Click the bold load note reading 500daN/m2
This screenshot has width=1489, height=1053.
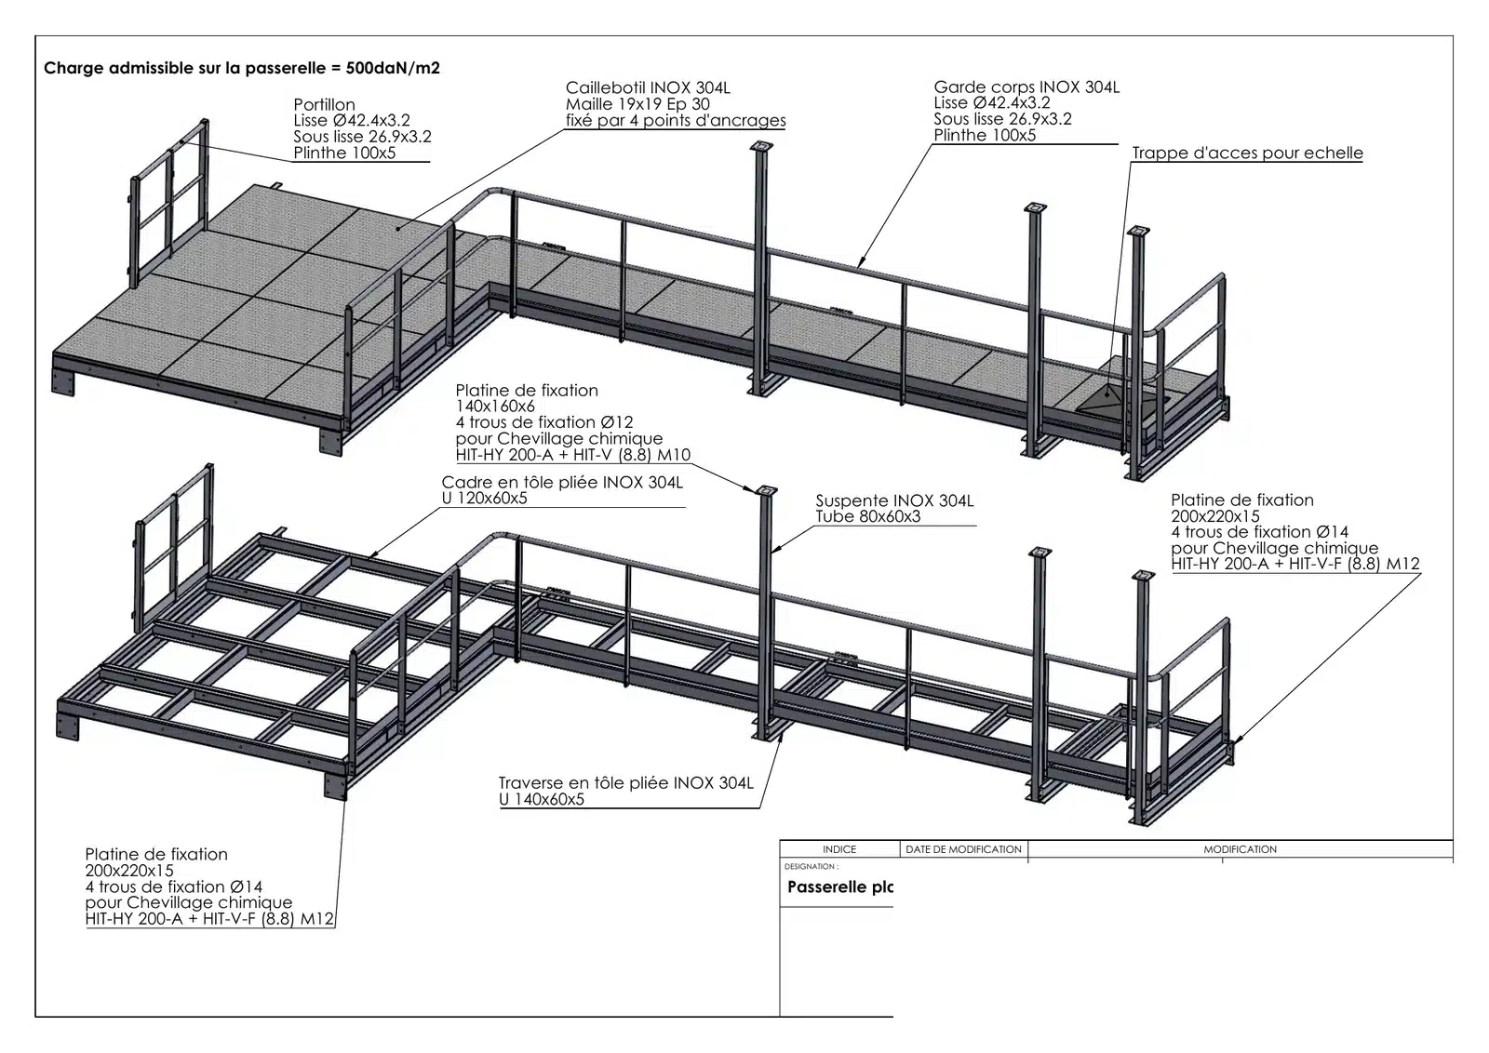tap(392, 69)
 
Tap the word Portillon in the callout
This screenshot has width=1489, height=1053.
tap(325, 104)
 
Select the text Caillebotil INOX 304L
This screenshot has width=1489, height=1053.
tap(648, 87)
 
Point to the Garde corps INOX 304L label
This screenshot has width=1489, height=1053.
tap(1026, 87)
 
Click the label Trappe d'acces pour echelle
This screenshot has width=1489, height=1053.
tap(1247, 153)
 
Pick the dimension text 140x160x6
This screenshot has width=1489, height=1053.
tap(494, 406)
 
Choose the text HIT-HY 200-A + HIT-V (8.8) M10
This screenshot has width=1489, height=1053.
tap(573, 455)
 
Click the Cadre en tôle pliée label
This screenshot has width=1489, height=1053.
tap(562, 482)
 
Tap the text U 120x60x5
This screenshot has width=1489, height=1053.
tap(484, 499)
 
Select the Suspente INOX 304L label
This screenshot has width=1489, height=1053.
tap(894, 500)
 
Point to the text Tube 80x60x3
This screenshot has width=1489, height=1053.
tap(867, 517)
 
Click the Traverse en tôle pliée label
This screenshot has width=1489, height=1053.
tap(625, 782)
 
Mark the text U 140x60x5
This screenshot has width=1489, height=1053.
tap(541, 799)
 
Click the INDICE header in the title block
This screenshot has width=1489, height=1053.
tap(838, 849)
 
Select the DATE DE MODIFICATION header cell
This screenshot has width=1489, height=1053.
tap(963, 849)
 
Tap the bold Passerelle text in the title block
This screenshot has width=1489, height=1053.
tap(840, 886)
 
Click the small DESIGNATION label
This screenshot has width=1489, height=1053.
tap(811, 866)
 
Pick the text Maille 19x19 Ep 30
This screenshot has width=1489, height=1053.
tap(637, 104)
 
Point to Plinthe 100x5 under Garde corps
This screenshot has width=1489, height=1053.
tap(985, 136)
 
